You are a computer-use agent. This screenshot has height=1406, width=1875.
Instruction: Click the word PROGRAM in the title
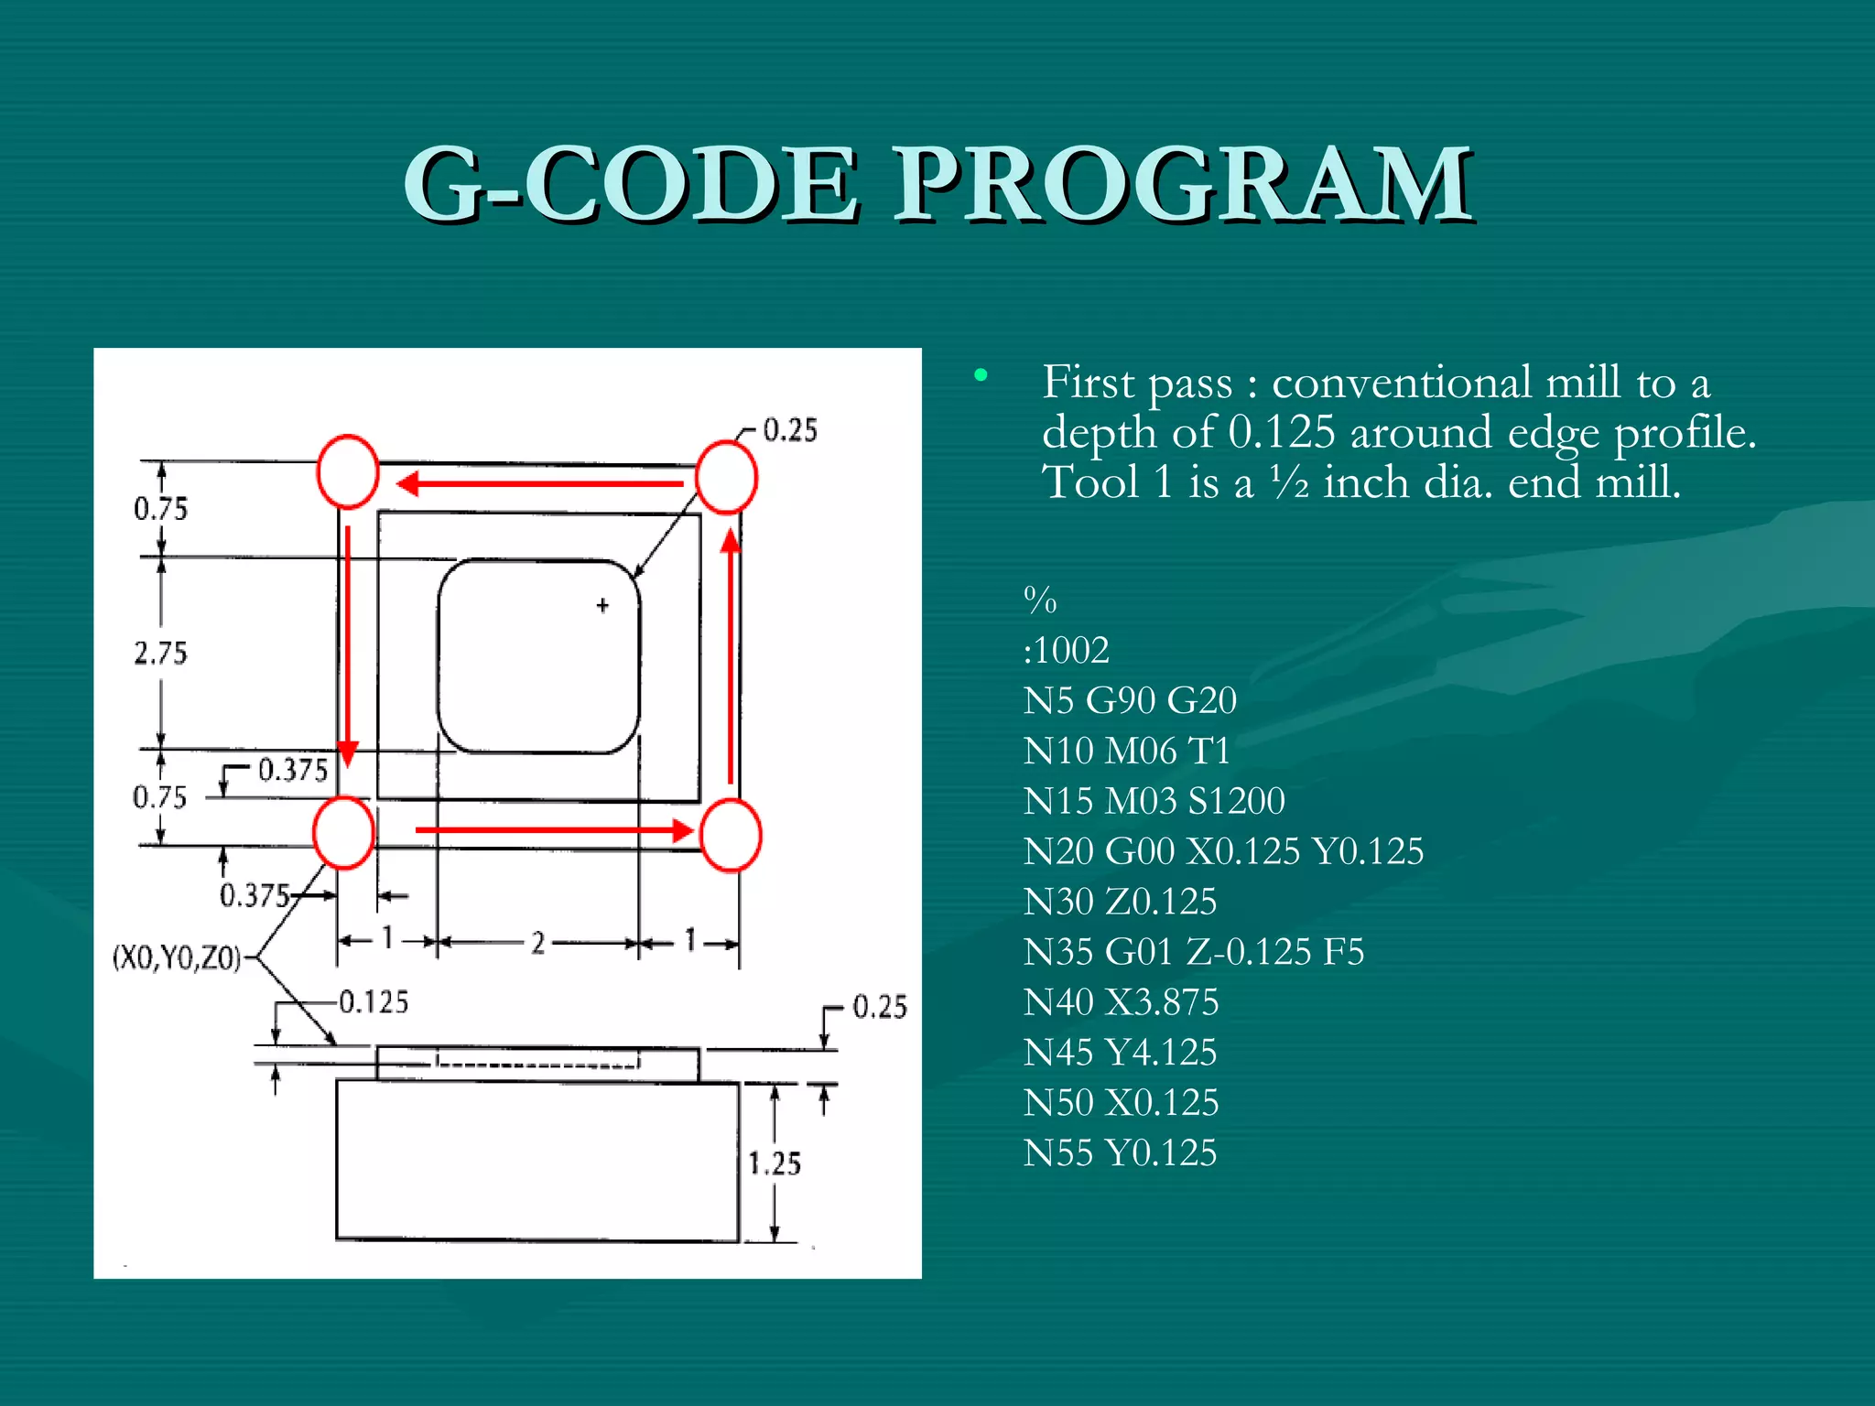(1182, 186)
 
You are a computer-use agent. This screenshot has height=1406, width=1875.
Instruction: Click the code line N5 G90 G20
(1130, 701)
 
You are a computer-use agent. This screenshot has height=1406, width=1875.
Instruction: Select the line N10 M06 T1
(1126, 752)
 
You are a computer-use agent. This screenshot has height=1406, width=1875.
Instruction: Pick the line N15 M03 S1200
(1154, 802)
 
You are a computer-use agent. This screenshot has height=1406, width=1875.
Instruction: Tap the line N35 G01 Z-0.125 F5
(1193, 952)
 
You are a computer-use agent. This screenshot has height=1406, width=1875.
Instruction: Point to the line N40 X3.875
(1121, 1002)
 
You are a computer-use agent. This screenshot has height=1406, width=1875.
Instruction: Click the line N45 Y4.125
(1120, 1053)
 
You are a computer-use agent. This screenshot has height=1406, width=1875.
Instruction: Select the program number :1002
(1067, 651)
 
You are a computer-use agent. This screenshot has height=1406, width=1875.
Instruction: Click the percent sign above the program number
(1040, 601)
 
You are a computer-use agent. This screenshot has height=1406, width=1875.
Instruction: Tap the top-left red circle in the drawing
(348, 472)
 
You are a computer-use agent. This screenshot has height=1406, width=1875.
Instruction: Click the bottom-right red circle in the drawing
(731, 835)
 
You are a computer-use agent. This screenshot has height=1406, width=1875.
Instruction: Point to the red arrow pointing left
(540, 482)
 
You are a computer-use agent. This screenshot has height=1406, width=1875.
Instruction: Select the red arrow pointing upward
(731, 655)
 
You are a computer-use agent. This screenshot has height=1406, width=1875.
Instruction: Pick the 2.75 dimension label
(160, 654)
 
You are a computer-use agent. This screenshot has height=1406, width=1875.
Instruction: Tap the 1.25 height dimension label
(775, 1163)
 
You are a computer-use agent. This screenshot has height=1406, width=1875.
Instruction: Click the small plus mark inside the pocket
(602, 605)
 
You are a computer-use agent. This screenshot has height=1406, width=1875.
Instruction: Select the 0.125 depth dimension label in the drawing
(374, 1002)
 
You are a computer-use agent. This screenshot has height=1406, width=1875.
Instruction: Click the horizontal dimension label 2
(538, 943)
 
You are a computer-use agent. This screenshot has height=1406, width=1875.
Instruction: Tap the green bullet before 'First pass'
(981, 374)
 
